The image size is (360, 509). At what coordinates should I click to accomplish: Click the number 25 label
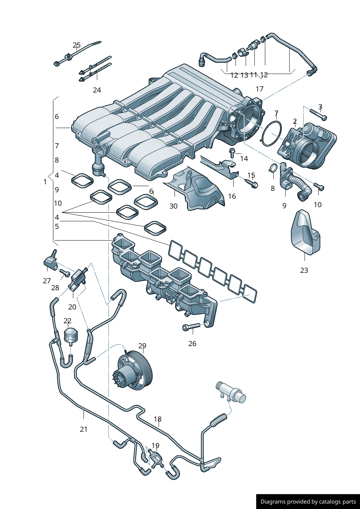[x=77, y=45]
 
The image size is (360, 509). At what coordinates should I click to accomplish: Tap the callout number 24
[x=97, y=90]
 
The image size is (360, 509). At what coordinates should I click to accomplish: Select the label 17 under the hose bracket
[x=259, y=89]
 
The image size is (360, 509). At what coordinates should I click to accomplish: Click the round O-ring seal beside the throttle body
[x=272, y=133]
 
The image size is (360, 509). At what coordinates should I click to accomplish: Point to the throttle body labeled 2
[x=308, y=147]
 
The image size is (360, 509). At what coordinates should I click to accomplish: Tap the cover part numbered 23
[x=305, y=232]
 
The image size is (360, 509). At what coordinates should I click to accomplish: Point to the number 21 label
[x=84, y=429]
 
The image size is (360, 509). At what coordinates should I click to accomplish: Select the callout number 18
[x=157, y=419]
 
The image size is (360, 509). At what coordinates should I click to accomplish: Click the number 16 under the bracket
[x=232, y=196]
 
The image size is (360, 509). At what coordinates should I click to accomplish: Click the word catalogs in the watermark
[x=328, y=502]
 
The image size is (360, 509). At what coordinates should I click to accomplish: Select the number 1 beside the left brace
[x=45, y=182]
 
